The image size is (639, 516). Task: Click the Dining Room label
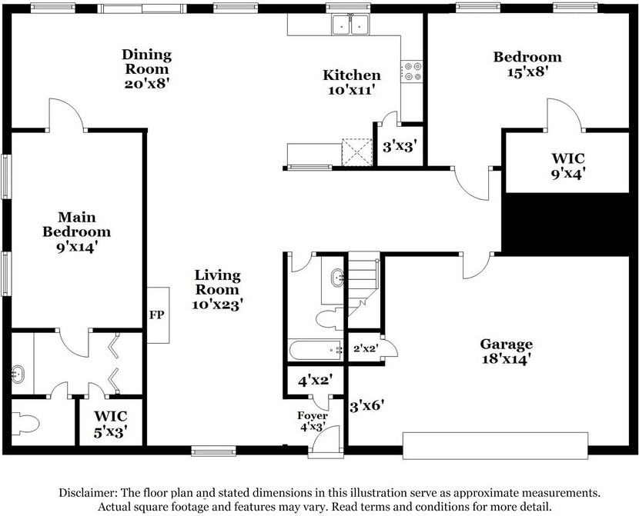pos(147,62)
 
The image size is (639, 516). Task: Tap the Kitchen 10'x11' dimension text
pos(351,90)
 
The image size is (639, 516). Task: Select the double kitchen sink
pos(350,25)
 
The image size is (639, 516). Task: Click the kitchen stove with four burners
pos(412,72)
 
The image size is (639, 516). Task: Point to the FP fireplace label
pos(156,315)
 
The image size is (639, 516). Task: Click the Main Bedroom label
pos(77,225)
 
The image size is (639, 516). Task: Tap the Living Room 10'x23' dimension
pos(218,305)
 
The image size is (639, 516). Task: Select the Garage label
pos(506,345)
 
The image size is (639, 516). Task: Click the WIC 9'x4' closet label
pos(568,165)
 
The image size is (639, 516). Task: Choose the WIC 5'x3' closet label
pos(111,424)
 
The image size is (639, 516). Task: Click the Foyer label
pos(312,415)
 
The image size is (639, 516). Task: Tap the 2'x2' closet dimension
pos(366,348)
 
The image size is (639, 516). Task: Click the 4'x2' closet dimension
pos(316,381)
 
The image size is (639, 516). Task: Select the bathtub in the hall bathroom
pos(316,350)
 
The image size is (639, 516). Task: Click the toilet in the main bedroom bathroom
pos(25,423)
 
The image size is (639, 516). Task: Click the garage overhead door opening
pos(495,445)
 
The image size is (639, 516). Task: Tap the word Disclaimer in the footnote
pos(89,493)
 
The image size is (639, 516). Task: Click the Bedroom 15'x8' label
pos(527,65)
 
